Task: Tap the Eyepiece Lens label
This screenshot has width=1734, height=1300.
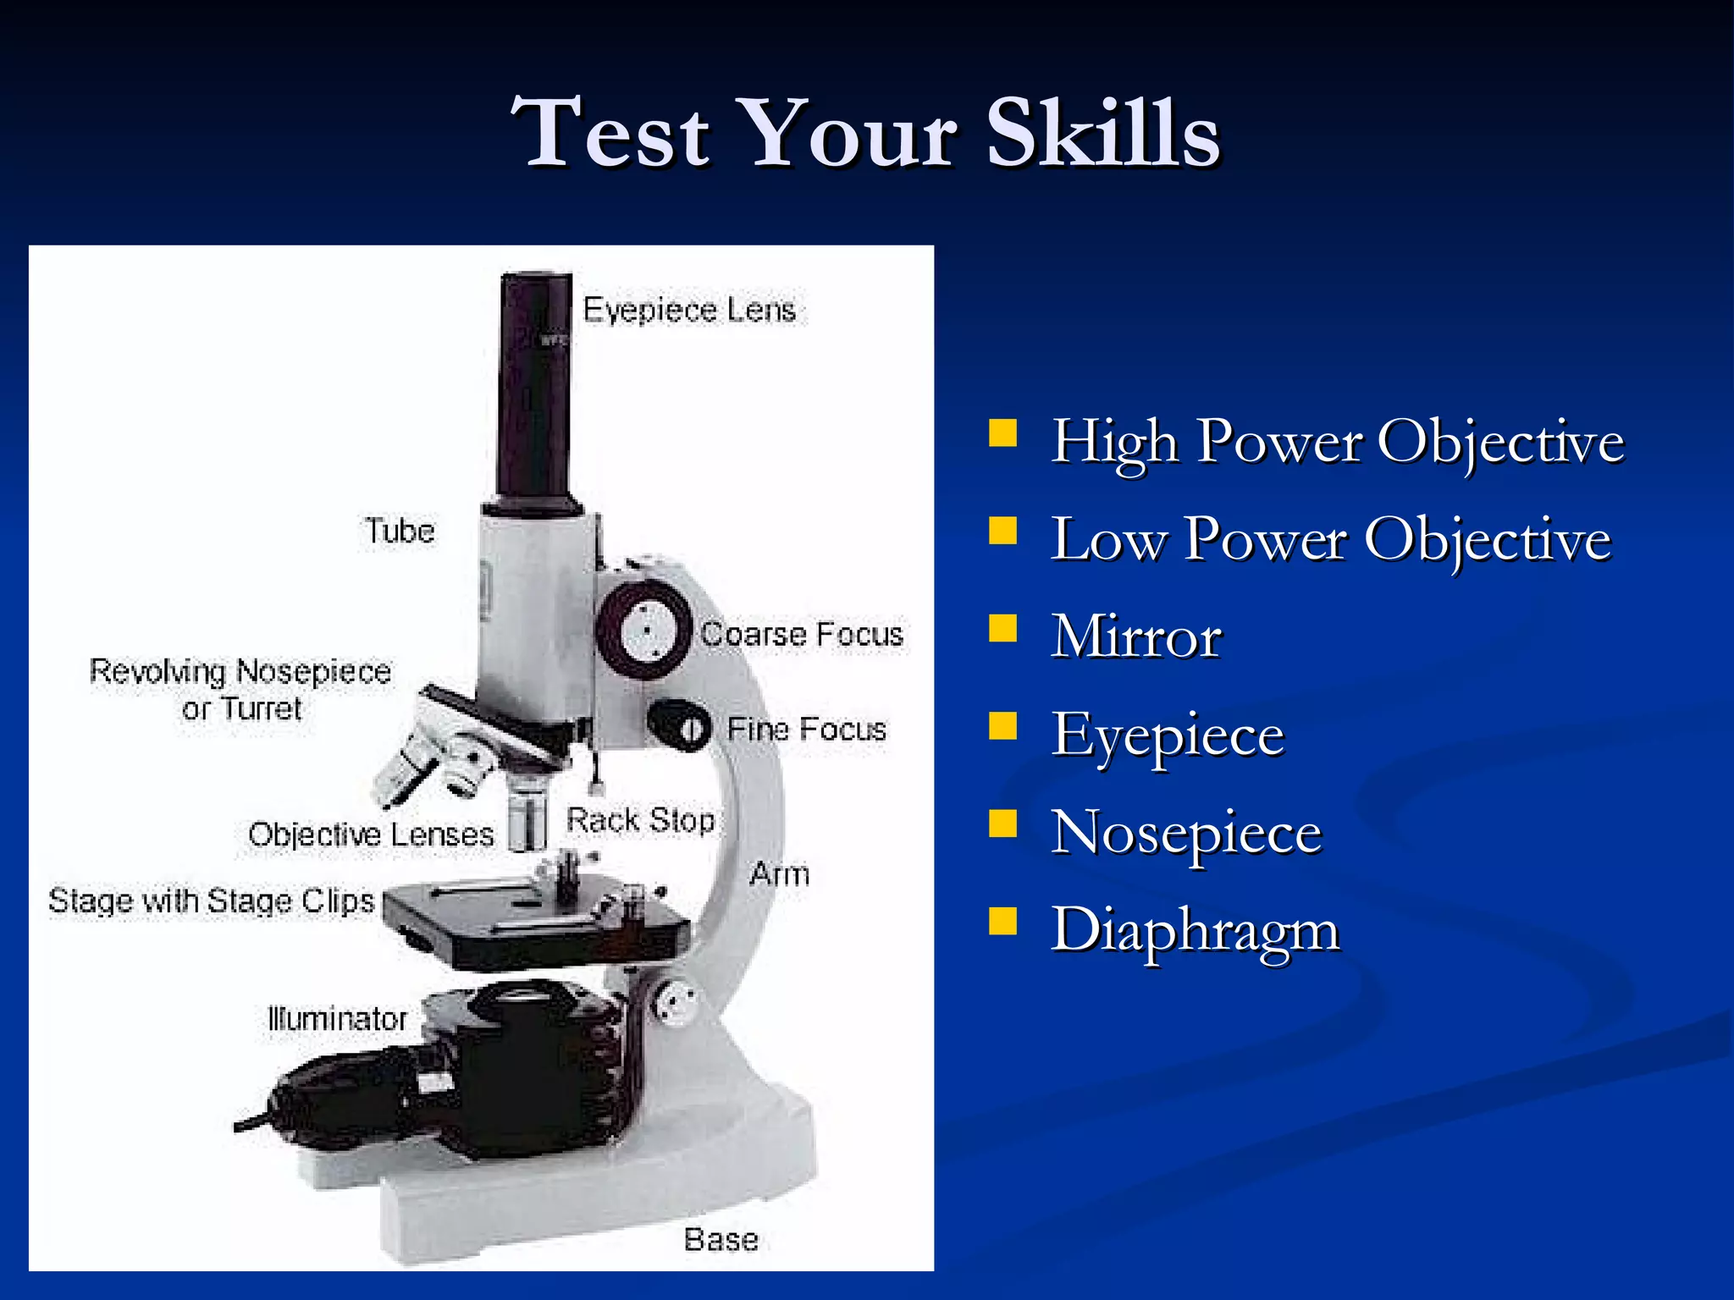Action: tap(689, 311)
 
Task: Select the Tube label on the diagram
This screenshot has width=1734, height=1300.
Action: tap(400, 532)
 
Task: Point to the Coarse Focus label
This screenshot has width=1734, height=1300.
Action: tap(802, 635)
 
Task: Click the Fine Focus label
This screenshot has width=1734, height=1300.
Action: tap(806, 730)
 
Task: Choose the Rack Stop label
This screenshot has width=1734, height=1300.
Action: tap(640, 820)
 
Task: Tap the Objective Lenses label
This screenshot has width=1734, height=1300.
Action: tap(371, 835)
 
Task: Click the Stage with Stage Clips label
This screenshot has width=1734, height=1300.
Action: tap(211, 901)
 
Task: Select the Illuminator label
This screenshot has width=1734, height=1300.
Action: tap(337, 1019)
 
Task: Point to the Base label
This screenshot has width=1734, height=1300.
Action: tap(721, 1240)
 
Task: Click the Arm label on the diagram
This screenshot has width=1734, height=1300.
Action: tap(779, 874)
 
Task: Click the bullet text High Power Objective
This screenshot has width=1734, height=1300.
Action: tap(1337, 442)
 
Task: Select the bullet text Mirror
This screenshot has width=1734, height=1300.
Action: tap(1136, 636)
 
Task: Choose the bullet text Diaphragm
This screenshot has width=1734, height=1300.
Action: tap(1195, 930)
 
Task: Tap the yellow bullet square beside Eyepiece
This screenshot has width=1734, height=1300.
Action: tap(1003, 726)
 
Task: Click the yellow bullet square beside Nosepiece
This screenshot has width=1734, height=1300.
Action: tap(1003, 824)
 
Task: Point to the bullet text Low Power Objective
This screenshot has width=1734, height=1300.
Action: tap(1330, 539)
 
